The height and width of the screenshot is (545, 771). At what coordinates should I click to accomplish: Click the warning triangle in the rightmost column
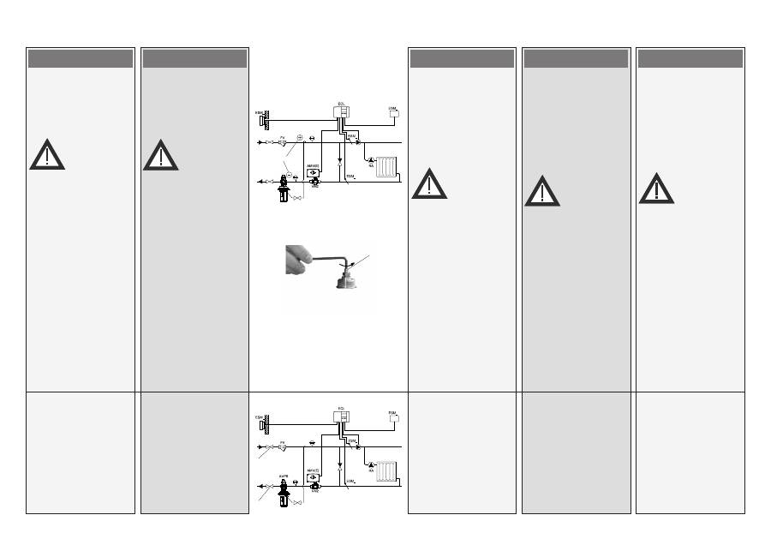[656, 189]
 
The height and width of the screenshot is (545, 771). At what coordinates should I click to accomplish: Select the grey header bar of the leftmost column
[81, 58]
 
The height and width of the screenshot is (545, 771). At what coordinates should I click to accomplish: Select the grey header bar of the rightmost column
[690, 58]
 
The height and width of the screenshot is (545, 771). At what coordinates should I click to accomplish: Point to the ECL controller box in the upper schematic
[342, 113]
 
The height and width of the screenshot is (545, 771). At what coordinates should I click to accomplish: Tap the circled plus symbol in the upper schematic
[300, 137]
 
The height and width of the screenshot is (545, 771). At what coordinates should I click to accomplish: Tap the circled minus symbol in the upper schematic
[289, 174]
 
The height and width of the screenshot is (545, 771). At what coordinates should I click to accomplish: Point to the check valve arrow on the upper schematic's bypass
[341, 161]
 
